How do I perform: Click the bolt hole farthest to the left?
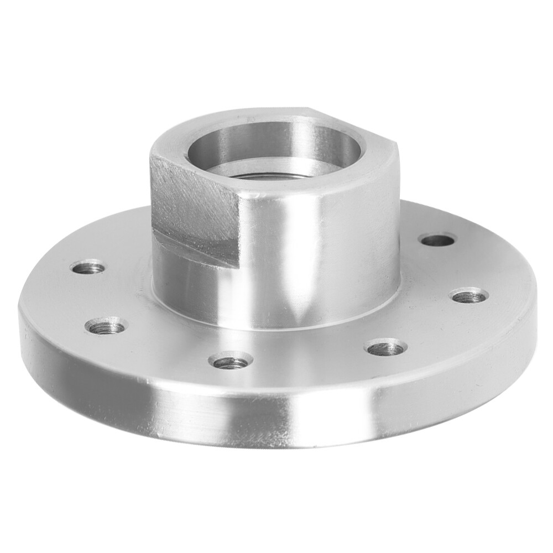(x=88, y=268)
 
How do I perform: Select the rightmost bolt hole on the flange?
(x=469, y=296)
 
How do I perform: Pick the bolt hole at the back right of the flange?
(x=437, y=240)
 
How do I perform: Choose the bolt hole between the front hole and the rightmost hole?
(x=385, y=348)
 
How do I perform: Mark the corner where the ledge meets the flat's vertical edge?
(x=238, y=267)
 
